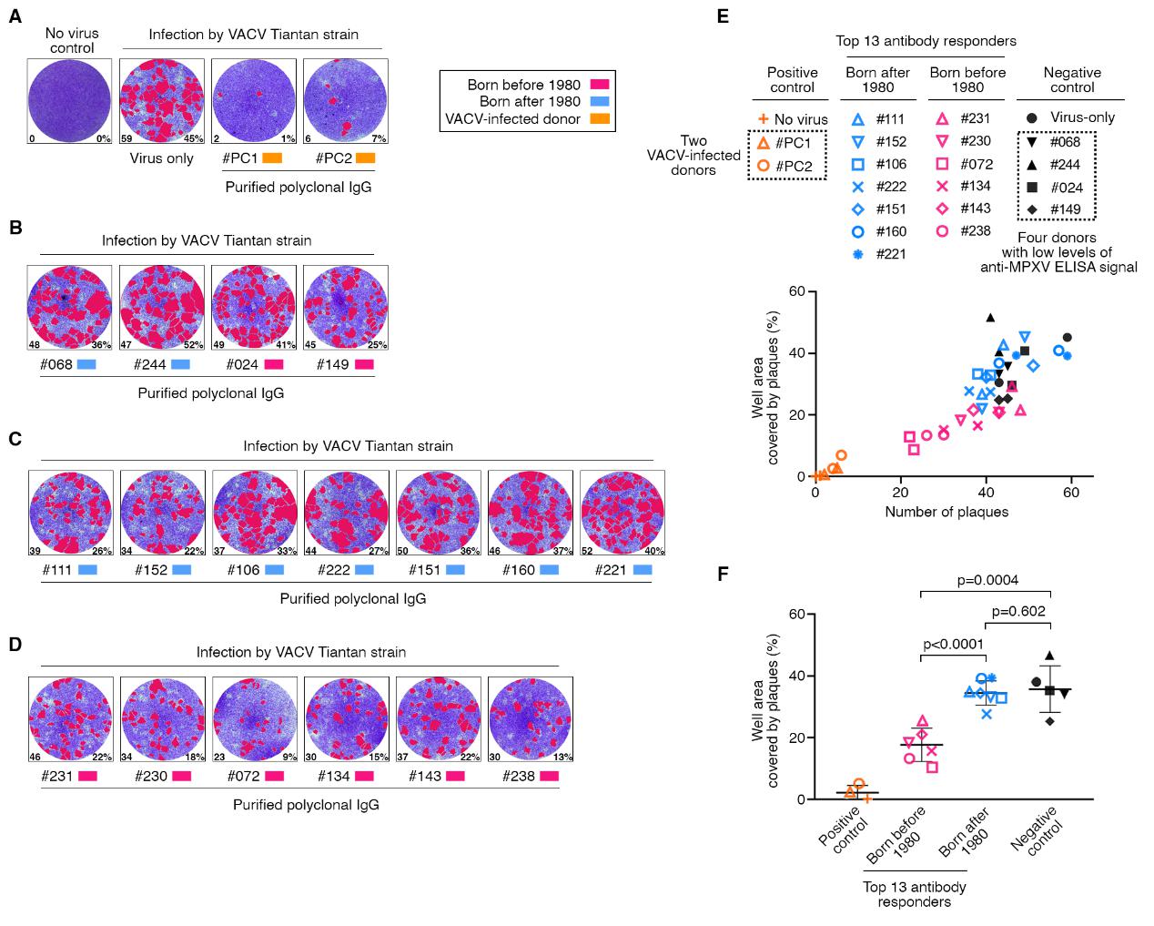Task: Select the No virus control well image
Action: click(69, 101)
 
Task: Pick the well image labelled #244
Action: click(161, 308)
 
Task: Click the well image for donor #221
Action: click(622, 513)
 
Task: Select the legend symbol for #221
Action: click(856, 255)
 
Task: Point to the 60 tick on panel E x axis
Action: click(1071, 493)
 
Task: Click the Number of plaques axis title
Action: click(946, 512)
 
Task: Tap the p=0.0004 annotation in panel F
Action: click(987, 580)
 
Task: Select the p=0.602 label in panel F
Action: click(1019, 611)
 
